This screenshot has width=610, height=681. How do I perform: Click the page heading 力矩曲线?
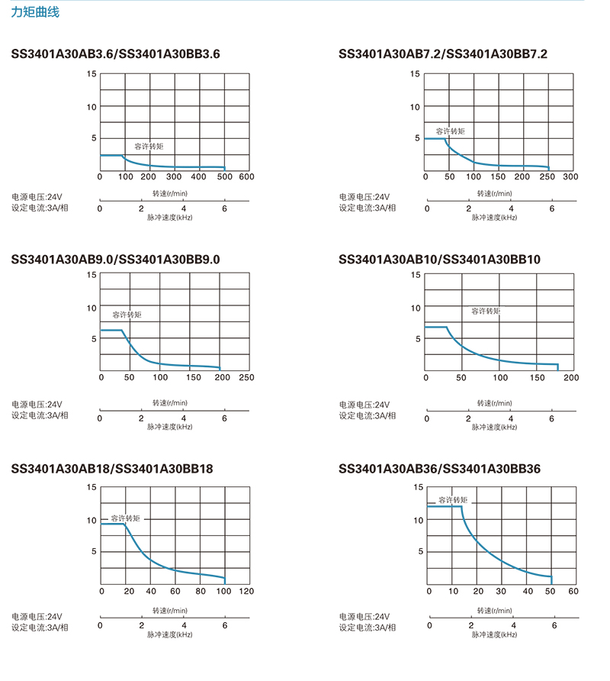(x=35, y=13)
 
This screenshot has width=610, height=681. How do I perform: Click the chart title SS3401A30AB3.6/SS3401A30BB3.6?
(x=116, y=54)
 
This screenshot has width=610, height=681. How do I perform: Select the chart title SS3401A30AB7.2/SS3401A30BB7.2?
(x=442, y=54)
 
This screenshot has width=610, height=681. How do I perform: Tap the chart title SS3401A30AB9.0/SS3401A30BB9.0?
(x=116, y=260)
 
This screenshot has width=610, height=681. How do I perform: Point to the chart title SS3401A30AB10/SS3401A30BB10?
(x=439, y=260)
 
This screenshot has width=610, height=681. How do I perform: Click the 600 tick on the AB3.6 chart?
(x=246, y=177)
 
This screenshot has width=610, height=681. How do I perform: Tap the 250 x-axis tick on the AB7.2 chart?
(x=546, y=177)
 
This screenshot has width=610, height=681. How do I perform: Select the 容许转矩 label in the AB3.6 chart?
(x=149, y=146)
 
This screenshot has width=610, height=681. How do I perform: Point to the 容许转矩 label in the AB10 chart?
(x=486, y=311)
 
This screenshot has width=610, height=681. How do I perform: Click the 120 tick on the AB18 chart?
(x=246, y=592)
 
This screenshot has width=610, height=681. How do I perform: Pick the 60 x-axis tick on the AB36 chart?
(x=573, y=592)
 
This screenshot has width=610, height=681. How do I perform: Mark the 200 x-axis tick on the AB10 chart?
(x=571, y=378)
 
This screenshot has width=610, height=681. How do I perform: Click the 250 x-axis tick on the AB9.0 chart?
(x=246, y=378)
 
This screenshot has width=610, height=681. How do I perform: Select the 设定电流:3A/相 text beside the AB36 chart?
(x=368, y=627)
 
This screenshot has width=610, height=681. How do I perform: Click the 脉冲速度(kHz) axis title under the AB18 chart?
(x=170, y=634)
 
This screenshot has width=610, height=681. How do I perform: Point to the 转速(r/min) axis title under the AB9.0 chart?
(x=169, y=402)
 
